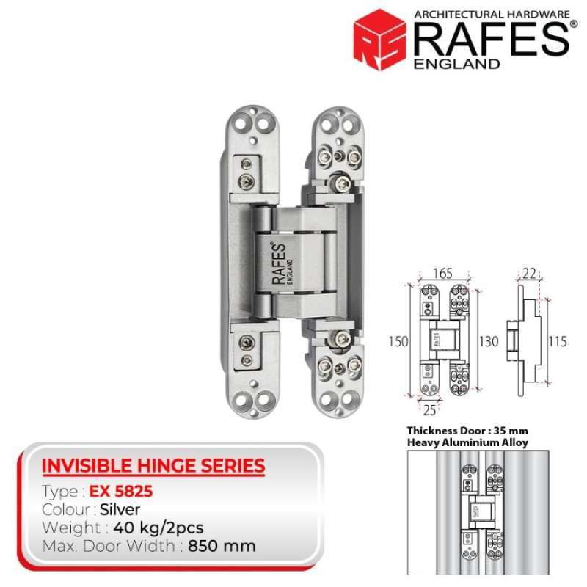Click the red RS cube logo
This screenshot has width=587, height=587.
click(379, 40)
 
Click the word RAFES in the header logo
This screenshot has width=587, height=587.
click(492, 40)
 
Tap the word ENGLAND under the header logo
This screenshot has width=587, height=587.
click(456, 64)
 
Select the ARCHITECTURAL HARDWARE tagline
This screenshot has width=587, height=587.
click(492, 15)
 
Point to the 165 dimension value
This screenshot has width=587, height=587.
click(443, 273)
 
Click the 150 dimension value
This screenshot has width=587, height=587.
click(398, 341)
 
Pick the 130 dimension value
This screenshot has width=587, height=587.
click(489, 341)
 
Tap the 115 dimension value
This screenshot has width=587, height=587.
click(558, 341)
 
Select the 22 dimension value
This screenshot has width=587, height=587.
click(529, 273)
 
